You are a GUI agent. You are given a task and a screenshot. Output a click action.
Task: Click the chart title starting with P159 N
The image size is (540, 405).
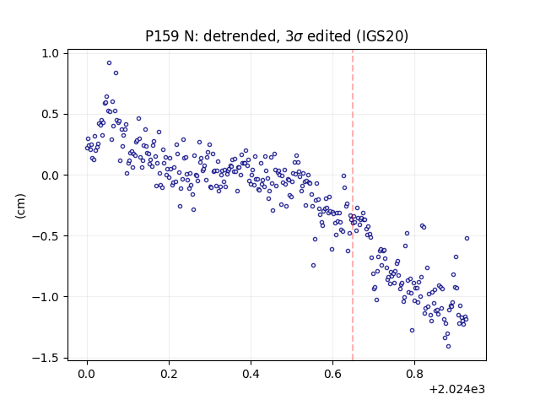pos(277,36)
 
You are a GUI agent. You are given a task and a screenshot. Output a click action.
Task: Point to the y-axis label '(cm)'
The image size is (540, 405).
pos(20,206)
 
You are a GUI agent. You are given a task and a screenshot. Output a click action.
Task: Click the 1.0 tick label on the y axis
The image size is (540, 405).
pos(51,53)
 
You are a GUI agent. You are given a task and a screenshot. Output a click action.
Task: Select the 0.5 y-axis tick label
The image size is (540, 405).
pos(51,115)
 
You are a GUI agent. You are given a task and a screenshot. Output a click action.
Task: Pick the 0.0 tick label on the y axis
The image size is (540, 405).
pos(51,175)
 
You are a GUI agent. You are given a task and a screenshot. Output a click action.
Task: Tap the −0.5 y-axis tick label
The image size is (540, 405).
pos(46,236)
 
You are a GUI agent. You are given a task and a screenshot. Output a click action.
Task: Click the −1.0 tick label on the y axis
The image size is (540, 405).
pos(46,297)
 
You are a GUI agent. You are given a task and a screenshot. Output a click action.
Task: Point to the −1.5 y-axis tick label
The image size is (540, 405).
pos(46,358)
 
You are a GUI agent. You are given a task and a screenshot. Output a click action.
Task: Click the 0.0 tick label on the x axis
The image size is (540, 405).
pos(87,374)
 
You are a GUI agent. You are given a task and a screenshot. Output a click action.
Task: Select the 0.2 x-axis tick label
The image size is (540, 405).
pos(169,374)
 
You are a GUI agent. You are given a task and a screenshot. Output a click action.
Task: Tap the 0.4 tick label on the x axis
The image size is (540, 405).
pos(251,374)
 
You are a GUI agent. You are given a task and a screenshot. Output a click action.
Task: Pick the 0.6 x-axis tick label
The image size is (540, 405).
pos(332,374)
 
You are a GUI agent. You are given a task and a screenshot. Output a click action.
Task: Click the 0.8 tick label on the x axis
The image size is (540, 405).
pos(414,374)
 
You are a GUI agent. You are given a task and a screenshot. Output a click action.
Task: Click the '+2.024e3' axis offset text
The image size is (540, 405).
pos(457,389)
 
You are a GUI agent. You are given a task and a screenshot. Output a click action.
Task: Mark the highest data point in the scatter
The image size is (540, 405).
pos(109,63)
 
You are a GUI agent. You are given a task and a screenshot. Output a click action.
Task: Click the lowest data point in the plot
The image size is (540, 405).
pos(448,347)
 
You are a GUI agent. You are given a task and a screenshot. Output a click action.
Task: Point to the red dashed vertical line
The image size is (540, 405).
pos(353,205)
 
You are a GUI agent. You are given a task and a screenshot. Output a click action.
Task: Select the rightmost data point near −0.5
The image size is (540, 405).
pos(467,238)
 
